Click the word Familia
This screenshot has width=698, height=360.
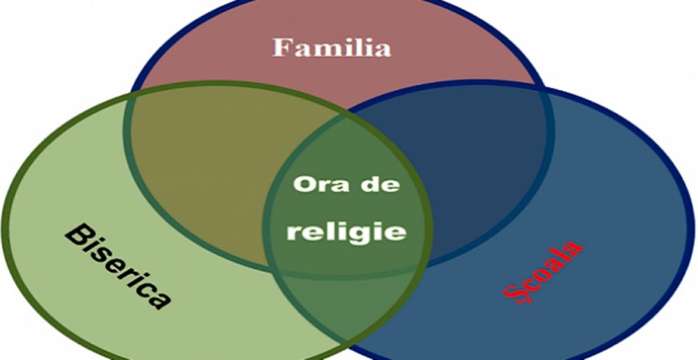tap(331, 47)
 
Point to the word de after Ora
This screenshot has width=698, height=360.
tap(381, 185)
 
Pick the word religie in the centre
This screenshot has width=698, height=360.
tap(346, 231)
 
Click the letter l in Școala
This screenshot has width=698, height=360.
tap(563, 254)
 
